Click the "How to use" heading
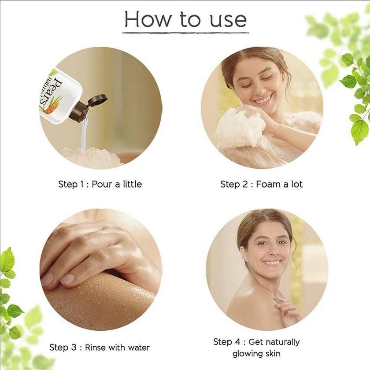[185, 19]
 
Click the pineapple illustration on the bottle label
[52, 106]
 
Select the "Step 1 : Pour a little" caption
[100, 184]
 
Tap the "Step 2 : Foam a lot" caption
[261, 184]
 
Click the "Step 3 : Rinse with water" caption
[100, 348]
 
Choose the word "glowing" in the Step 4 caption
[247, 354]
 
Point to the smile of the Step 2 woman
[263, 99]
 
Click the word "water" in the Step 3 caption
[138, 348]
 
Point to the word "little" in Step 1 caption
[132, 184]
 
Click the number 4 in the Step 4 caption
[237, 342]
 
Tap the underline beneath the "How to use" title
[185, 33]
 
